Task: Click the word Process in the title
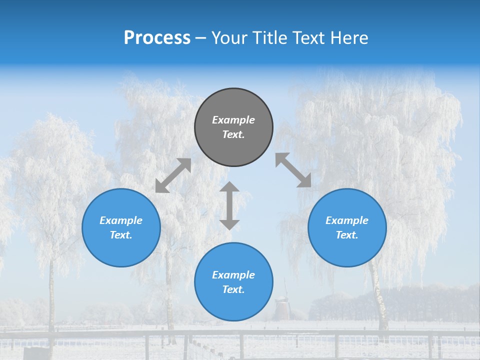[x=157, y=38]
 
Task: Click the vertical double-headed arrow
[x=229, y=205]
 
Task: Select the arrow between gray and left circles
[x=173, y=175]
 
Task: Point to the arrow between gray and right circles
[x=293, y=170]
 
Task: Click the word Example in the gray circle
[x=233, y=120]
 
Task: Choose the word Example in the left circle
[x=121, y=220]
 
